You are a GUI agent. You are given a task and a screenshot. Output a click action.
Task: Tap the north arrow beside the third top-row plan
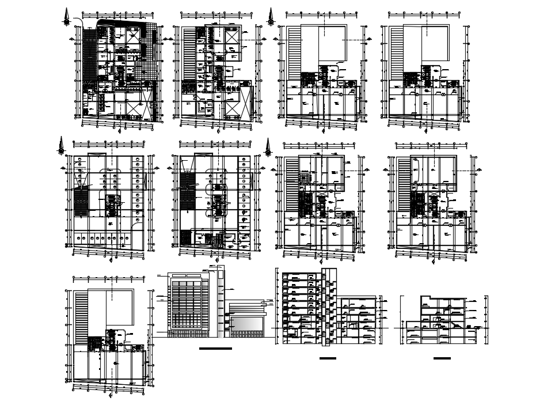point(271,16)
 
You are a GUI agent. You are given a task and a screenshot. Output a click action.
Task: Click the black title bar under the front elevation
point(215,349)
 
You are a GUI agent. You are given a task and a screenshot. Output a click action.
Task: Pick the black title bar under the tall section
point(327,358)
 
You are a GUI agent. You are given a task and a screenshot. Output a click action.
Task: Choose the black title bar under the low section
point(442,358)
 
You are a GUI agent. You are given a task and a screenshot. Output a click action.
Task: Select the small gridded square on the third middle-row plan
point(304,179)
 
